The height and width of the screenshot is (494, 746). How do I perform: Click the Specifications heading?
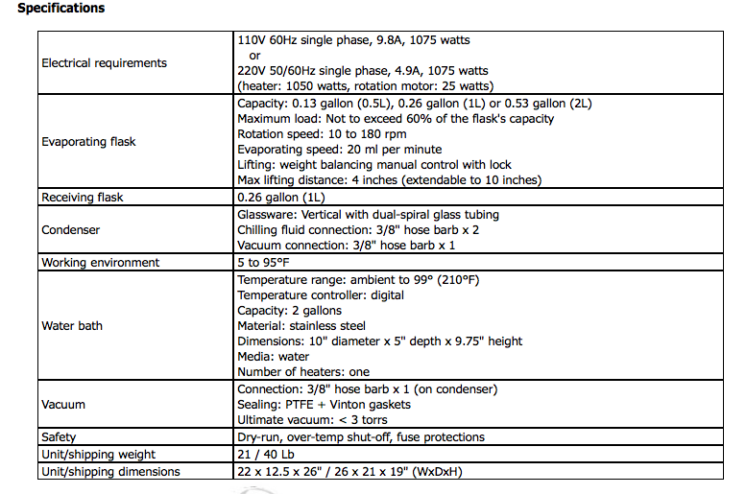61,9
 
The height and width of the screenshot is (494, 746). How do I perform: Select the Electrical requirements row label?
104,63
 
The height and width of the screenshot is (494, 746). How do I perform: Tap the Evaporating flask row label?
88,142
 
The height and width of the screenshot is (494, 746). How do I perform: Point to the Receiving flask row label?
83,198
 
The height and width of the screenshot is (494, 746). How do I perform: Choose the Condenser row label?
71,230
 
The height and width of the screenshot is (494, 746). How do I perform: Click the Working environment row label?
101,263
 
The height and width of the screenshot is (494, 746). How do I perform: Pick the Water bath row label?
72,326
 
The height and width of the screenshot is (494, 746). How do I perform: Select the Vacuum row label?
63,405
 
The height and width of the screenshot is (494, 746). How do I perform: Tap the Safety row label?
59,437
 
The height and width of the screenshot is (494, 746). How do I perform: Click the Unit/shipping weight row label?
98,455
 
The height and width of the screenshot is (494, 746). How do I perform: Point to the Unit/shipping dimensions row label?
110,471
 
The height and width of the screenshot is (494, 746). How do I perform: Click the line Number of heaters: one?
303,372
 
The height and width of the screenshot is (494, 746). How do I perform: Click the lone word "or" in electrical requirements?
255,56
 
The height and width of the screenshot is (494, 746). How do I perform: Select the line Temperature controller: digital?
321,295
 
